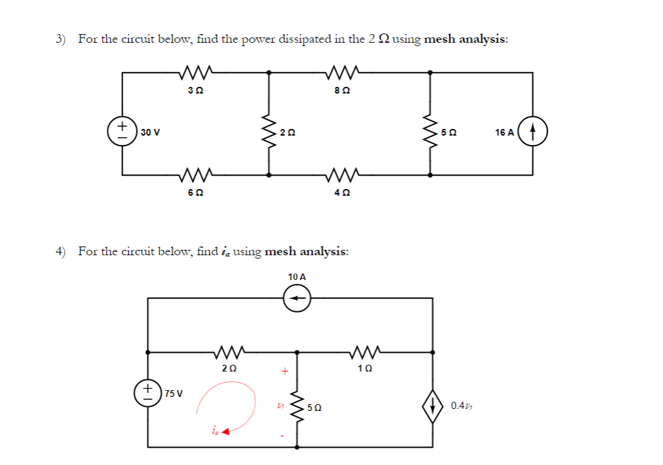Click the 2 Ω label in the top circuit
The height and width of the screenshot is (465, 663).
[x=288, y=132]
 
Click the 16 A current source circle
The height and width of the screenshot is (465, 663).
[x=533, y=131]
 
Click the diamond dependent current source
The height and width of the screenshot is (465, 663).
[x=432, y=404]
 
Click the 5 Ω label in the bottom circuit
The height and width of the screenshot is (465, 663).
[x=314, y=407]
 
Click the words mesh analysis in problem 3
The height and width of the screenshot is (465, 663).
[x=465, y=39]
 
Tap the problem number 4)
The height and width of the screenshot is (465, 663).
[x=61, y=251]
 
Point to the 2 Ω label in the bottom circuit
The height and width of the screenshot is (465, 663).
[x=228, y=368]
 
